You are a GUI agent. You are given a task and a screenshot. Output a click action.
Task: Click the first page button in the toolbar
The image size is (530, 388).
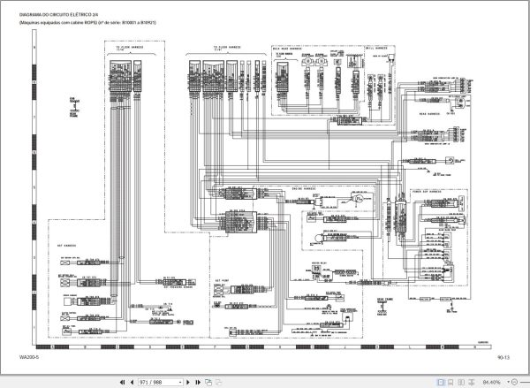point(121,381)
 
